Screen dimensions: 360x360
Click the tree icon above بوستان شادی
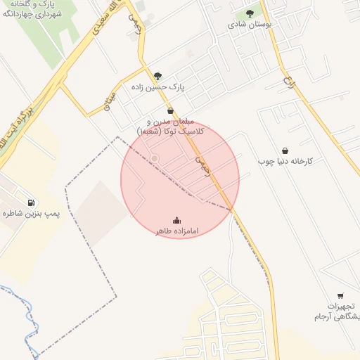point(250,13)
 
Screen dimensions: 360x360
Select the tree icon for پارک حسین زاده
point(157,76)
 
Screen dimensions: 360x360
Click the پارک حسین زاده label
point(157,87)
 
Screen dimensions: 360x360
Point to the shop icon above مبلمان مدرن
point(170,111)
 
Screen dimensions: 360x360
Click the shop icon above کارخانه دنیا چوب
point(285,150)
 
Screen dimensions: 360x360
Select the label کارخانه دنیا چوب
point(285,161)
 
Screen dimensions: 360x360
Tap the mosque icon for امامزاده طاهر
point(176,220)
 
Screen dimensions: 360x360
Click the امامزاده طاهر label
point(176,231)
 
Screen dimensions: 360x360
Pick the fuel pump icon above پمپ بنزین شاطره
point(30,202)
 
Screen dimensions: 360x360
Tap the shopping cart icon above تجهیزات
point(341,296)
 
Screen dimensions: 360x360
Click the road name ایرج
point(287,82)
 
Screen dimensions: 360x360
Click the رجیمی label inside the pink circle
point(202,165)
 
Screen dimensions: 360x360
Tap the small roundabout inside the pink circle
point(155,158)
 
